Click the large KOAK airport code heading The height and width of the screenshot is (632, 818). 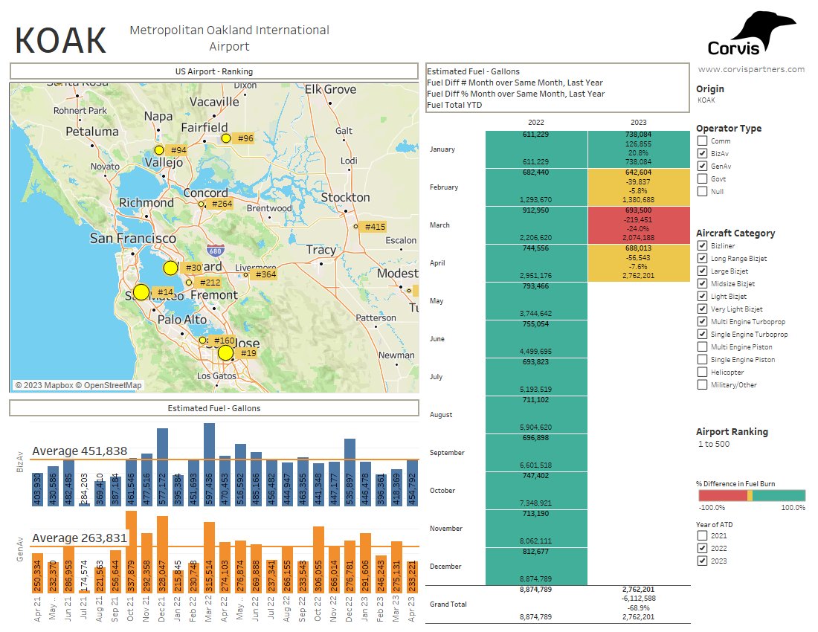pos(61,40)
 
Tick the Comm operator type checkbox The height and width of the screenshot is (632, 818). pos(702,141)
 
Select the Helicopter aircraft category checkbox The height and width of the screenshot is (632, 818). pos(702,372)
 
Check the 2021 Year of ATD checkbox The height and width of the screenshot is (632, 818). pos(702,535)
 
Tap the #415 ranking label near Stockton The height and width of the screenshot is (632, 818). pos(373,227)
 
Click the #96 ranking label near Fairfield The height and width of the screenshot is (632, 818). pos(243,138)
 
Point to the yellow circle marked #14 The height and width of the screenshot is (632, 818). pos(141,292)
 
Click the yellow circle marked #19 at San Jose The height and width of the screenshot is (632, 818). pos(225,352)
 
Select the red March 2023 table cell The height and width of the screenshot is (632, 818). pos(639,225)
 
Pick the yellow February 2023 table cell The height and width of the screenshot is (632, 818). pos(639,187)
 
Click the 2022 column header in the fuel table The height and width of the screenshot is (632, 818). pos(536,122)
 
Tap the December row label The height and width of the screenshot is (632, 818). pos(445,567)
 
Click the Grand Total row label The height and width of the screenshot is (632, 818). pos(448,604)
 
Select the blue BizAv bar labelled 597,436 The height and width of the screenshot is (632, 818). pos(209,465)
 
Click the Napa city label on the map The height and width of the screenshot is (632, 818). pos(158,116)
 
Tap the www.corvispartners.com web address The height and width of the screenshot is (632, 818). pos(751,69)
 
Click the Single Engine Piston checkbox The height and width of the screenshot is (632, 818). pos(702,359)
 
